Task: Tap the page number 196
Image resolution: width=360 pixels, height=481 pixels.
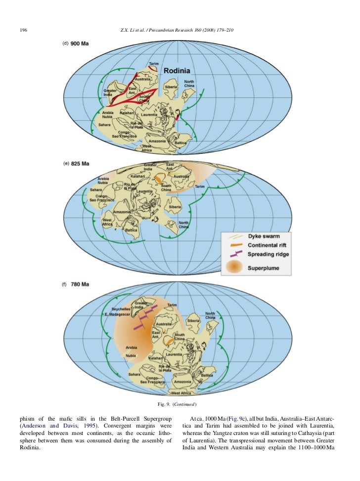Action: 23,31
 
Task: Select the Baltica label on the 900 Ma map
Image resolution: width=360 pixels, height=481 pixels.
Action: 180,143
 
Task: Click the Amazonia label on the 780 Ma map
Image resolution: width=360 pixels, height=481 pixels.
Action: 182,382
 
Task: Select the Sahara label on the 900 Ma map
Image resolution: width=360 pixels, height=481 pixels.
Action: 104,125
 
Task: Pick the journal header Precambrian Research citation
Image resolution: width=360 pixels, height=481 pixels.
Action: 177,31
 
